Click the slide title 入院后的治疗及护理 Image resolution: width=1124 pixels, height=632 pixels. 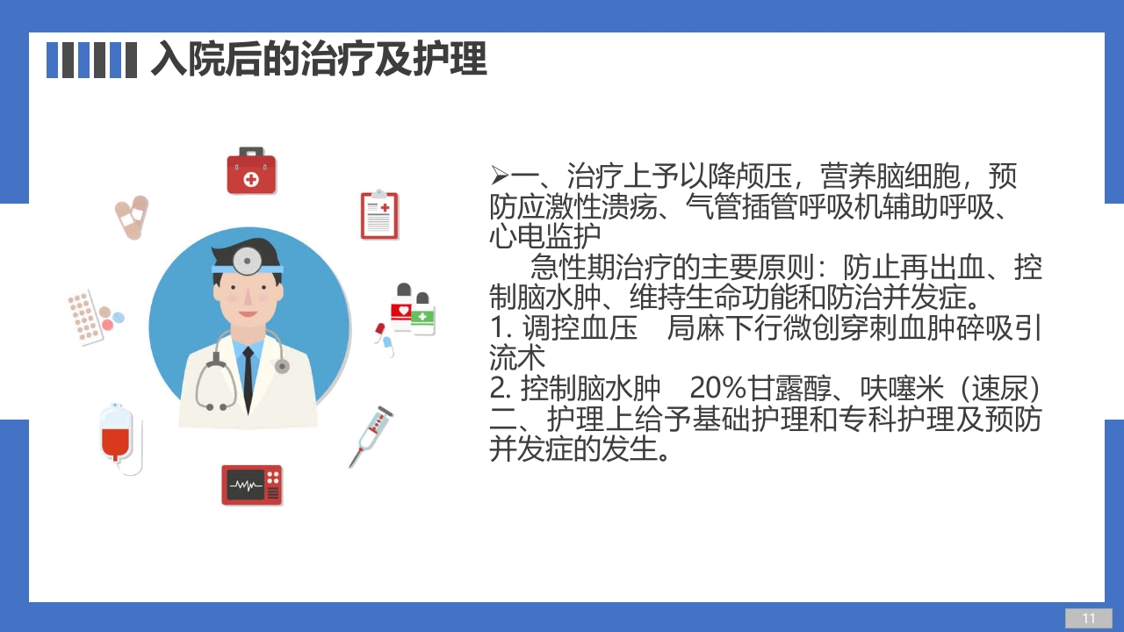(x=318, y=60)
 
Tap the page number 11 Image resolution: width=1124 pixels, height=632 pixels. (x=1089, y=618)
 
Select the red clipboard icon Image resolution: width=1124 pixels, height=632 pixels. (x=379, y=215)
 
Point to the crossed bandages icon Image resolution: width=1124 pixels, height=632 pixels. (x=132, y=217)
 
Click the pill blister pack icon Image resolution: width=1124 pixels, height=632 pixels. (x=85, y=316)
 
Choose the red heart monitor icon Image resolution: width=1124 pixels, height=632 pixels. (x=252, y=485)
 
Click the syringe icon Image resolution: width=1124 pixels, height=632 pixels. (x=371, y=435)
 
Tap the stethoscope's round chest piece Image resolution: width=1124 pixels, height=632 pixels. (x=282, y=366)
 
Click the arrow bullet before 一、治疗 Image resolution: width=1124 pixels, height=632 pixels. (x=500, y=176)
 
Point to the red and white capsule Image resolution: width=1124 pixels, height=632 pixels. (x=380, y=331)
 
